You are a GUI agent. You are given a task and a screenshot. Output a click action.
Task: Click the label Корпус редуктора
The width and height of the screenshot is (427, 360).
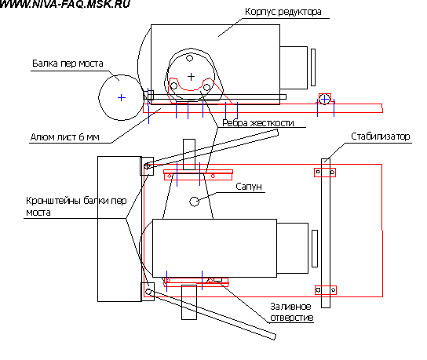(x=283, y=12)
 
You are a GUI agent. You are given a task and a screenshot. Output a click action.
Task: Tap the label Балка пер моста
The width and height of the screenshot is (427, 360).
(x=68, y=64)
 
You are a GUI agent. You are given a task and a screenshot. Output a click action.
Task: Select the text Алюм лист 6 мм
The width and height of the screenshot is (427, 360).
(x=64, y=137)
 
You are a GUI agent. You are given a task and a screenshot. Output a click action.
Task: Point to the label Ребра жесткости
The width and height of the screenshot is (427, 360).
(x=258, y=123)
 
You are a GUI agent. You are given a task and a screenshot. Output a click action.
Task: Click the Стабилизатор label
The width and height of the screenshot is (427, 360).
(x=380, y=136)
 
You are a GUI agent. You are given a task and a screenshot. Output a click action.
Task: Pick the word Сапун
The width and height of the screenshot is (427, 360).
(x=249, y=187)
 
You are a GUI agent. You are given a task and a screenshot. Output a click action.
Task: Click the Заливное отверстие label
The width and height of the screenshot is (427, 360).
(x=292, y=312)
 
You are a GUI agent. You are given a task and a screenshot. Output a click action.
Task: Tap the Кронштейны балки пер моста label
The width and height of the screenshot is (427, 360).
(x=76, y=206)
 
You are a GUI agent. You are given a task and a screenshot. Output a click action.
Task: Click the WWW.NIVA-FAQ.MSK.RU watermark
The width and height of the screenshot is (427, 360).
(x=65, y=4)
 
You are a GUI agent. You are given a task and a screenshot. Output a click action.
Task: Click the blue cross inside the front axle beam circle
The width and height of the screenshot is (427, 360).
(x=122, y=97)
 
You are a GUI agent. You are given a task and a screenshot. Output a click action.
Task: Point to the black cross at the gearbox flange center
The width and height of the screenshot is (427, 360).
(x=192, y=77)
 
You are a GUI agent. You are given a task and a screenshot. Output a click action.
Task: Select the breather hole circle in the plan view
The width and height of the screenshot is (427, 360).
(x=194, y=202)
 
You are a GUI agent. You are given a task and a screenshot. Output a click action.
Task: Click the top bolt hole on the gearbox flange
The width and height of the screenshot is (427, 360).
(x=189, y=58)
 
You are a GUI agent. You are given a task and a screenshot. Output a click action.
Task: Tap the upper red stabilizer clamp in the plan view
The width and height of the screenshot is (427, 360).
(x=325, y=173)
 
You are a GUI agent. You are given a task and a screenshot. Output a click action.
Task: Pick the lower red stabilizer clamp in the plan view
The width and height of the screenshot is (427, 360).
(x=326, y=290)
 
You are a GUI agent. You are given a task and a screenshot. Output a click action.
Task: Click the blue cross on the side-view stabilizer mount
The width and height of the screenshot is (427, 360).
(x=324, y=100)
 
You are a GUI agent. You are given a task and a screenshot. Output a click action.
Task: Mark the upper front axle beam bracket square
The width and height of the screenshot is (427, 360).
(x=147, y=166)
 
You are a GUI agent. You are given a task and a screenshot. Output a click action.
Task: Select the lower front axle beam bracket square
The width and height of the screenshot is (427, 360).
(x=148, y=292)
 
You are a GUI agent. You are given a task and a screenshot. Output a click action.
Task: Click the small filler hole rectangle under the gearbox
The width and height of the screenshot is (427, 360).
(x=218, y=279)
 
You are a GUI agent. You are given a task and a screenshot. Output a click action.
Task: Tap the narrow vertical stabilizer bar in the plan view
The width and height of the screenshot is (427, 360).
(x=326, y=234)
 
